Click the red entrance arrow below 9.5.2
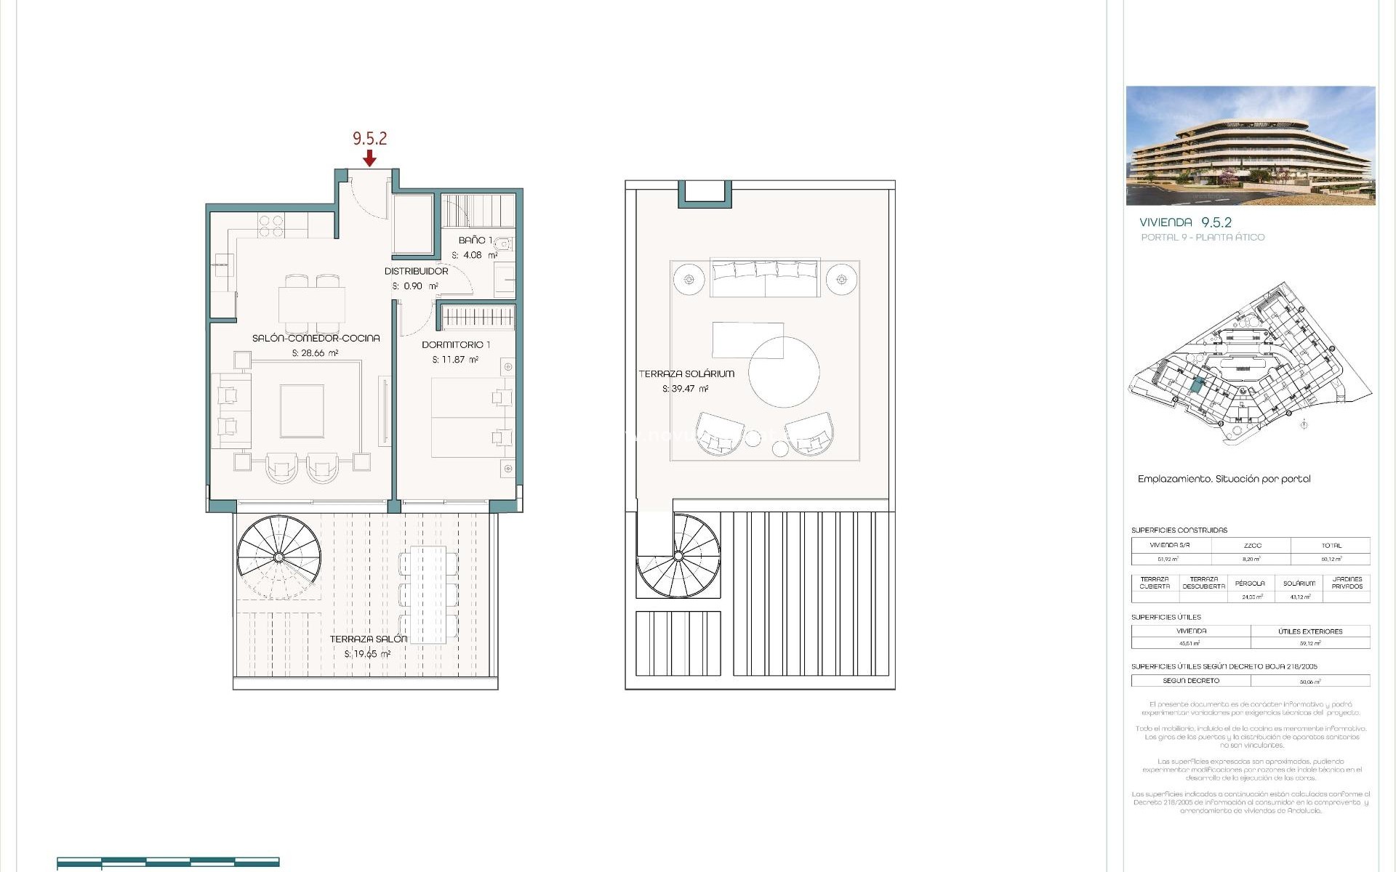[x=370, y=158]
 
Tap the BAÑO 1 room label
[x=475, y=240]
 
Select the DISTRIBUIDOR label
[x=416, y=271]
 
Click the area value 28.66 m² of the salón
[x=316, y=353]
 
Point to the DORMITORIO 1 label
[x=456, y=344]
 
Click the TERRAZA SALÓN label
[x=368, y=639]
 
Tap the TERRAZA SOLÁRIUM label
[x=686, y=374]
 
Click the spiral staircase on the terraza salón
[x=278, y=557]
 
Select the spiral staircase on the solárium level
[x=678, y=556]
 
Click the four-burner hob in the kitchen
[x=271, y=226]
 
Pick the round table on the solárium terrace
[x=784, y=371]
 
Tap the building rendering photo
[x=1250, y=145]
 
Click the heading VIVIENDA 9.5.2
[x=1185, y=222]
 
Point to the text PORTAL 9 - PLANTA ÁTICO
[x=1203, y=237]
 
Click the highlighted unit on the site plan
[x=1197, y=386]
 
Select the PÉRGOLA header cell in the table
[x=1249, y=583]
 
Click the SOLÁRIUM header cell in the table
[x=1299, y=583]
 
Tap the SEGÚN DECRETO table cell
[x=1190, y=681]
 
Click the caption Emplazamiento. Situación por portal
[x=1224, y=479]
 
